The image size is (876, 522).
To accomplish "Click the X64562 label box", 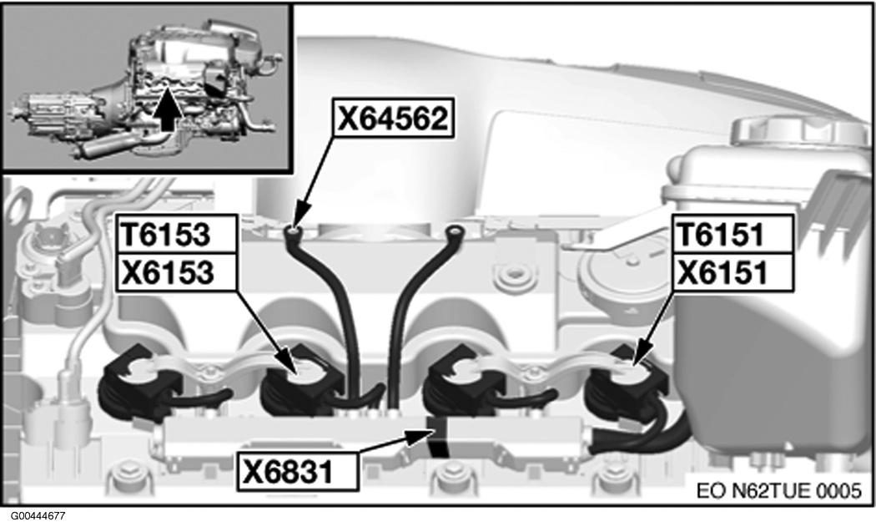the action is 393,118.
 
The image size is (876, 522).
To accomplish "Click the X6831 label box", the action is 297,471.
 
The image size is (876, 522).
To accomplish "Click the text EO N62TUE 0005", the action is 779,490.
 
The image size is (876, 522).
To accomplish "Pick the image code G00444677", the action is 33,516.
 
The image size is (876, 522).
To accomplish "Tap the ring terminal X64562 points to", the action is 293,231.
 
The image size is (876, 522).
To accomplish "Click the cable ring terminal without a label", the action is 456,231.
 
